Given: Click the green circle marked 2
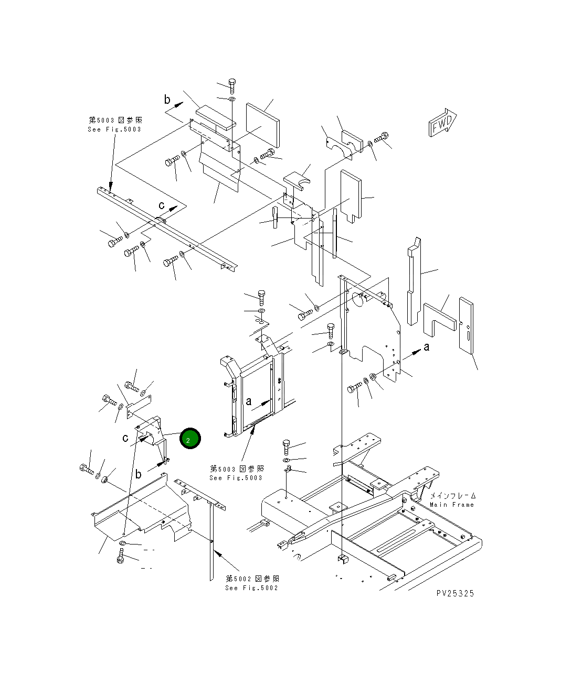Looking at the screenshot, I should click(189, 439).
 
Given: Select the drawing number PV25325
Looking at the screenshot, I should click(455, 593).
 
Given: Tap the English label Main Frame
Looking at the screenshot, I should click(451, 505).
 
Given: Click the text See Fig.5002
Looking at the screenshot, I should click(251, 588).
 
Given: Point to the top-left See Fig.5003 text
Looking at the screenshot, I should click(114, 129).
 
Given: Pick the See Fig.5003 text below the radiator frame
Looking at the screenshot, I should click(236, 478).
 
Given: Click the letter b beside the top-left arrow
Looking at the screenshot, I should click(167, 100).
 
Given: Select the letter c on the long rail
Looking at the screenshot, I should click(162, 205).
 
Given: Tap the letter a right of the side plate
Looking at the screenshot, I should click(427, 346).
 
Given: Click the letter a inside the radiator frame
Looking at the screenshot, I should click(249, 401).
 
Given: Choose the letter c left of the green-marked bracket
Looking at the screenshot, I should click(125, 438).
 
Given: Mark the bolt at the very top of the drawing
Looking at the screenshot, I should click(232, 85).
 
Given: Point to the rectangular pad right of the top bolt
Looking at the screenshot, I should click(262, 125).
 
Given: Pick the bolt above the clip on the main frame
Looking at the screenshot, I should click(286, 447).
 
